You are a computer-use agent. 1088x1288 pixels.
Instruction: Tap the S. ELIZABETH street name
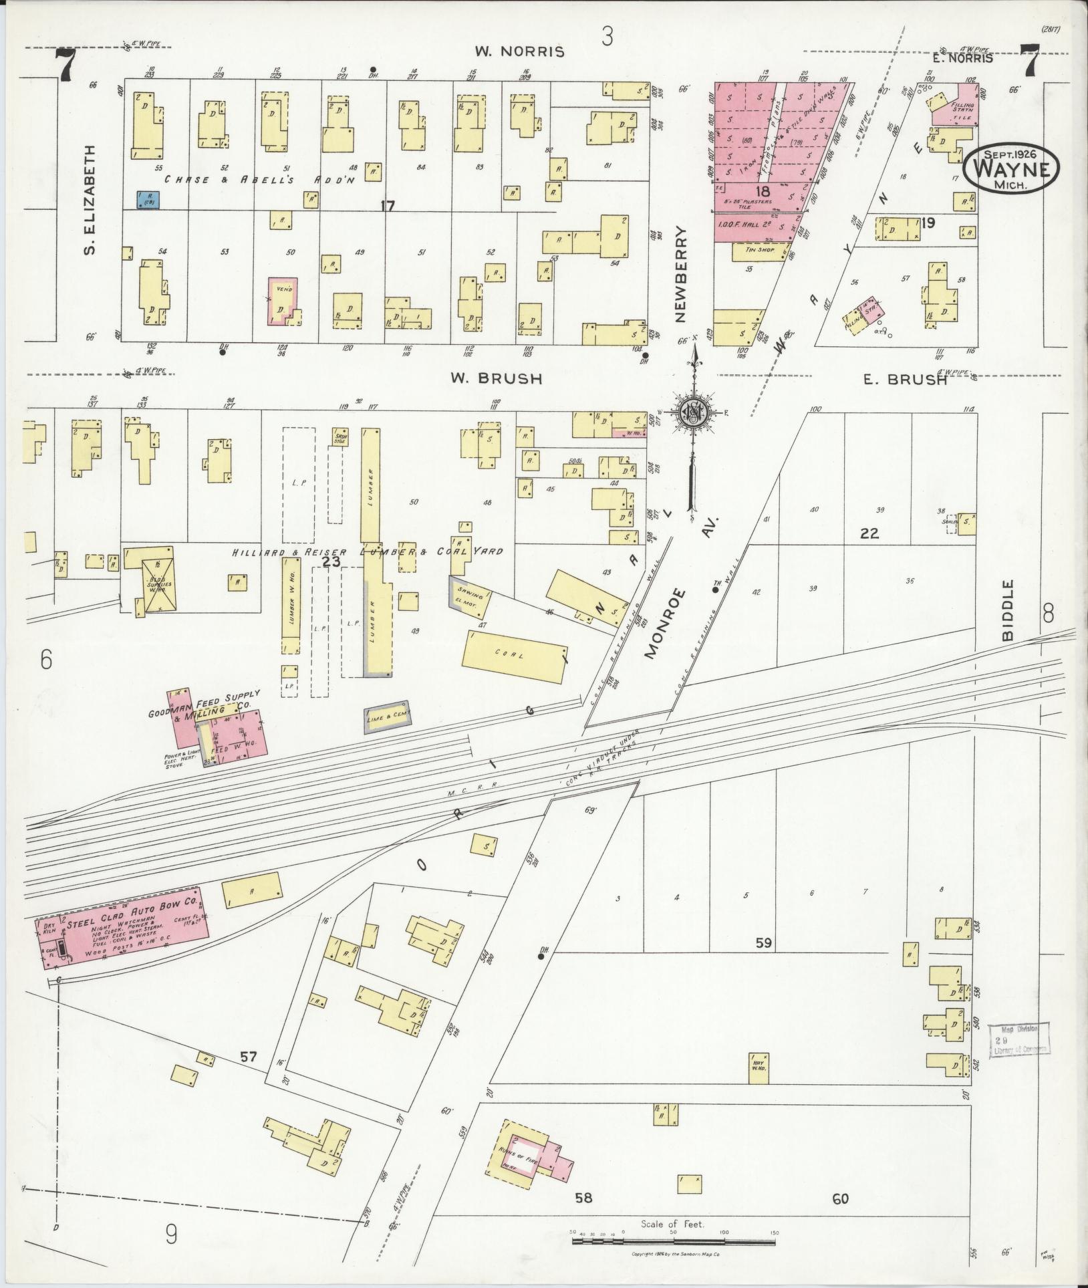91,201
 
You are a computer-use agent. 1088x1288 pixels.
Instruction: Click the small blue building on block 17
148,199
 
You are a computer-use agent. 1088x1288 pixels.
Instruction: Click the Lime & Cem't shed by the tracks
386,717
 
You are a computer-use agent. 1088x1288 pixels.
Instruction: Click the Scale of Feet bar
673,1241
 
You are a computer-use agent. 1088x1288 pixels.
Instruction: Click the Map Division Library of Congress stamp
1019,1058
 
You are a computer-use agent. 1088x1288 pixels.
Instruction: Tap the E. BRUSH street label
904,380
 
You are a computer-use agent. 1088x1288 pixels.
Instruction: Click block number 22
869,533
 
